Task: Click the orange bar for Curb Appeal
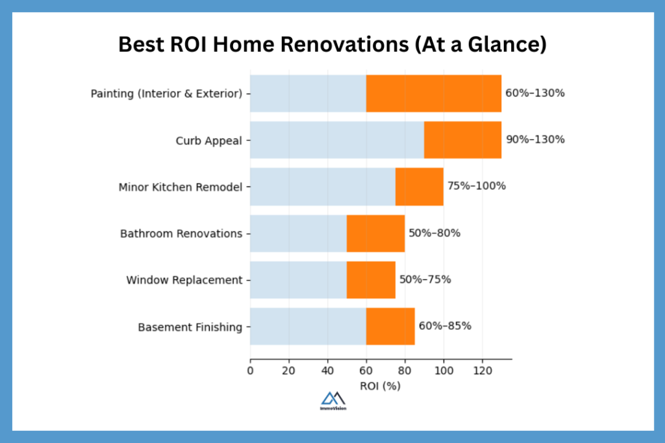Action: [462, 140]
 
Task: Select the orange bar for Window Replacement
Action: [371, 280]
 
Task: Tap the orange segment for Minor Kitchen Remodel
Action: [419, 186]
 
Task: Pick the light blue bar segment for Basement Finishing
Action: [308, 327]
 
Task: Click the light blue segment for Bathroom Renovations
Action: [298, 233]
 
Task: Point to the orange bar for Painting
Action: [434, 93]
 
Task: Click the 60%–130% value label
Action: [535, 93]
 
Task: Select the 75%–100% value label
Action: [476, 186]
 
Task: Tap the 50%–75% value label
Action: [425, 280]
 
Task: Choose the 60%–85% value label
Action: [444, 326]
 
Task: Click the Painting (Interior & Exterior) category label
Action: [166, 94]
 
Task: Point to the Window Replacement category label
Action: [184, 281]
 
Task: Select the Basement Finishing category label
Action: [190, 327]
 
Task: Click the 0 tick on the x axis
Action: [250, 372]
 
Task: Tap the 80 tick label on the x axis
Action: [405, 372]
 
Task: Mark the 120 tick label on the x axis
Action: [482, 372]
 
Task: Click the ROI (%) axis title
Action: [380, 386]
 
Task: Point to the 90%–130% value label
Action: [535, 140]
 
